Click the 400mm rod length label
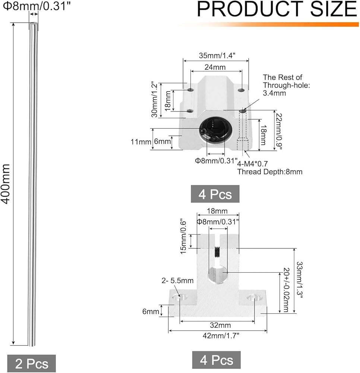[x=6, y=184]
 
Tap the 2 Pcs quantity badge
[x=31, y=363]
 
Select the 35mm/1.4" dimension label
[x=217, y=56]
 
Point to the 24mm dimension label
[x=215, y=67]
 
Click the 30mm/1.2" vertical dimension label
[x=154, y=100]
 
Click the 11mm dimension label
[x=141, y=142]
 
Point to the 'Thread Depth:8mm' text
[x=270, y=172]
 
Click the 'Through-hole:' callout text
[x=286, y=85]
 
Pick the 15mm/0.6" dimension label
[x=183, y=236]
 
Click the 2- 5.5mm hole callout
[x=177, y=281]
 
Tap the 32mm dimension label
[x=220, y=325]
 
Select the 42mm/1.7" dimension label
[x=221, y=336]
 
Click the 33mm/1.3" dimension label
[x=299, y=280]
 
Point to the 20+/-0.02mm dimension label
[x=286, y=290]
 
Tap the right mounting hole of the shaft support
[x=253, y=297]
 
